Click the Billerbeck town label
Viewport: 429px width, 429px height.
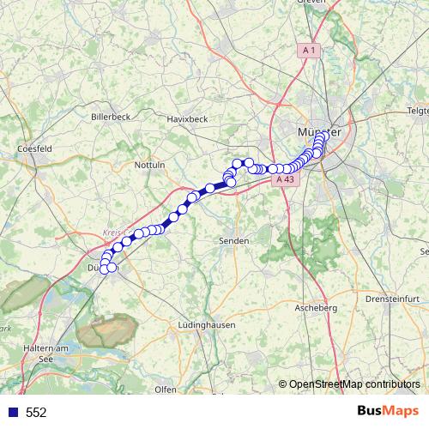point(109,115)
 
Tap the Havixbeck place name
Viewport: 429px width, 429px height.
point(188,118)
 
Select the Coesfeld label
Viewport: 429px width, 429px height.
point(35,148)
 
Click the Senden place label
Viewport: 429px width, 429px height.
point(233,240)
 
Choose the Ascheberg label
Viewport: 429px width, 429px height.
point(311,306)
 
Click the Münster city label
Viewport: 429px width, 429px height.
point(317,132)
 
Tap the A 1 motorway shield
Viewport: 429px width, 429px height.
point(311,51)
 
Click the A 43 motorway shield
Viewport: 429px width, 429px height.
point(285,179)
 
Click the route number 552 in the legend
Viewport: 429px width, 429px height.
point(36,413)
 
